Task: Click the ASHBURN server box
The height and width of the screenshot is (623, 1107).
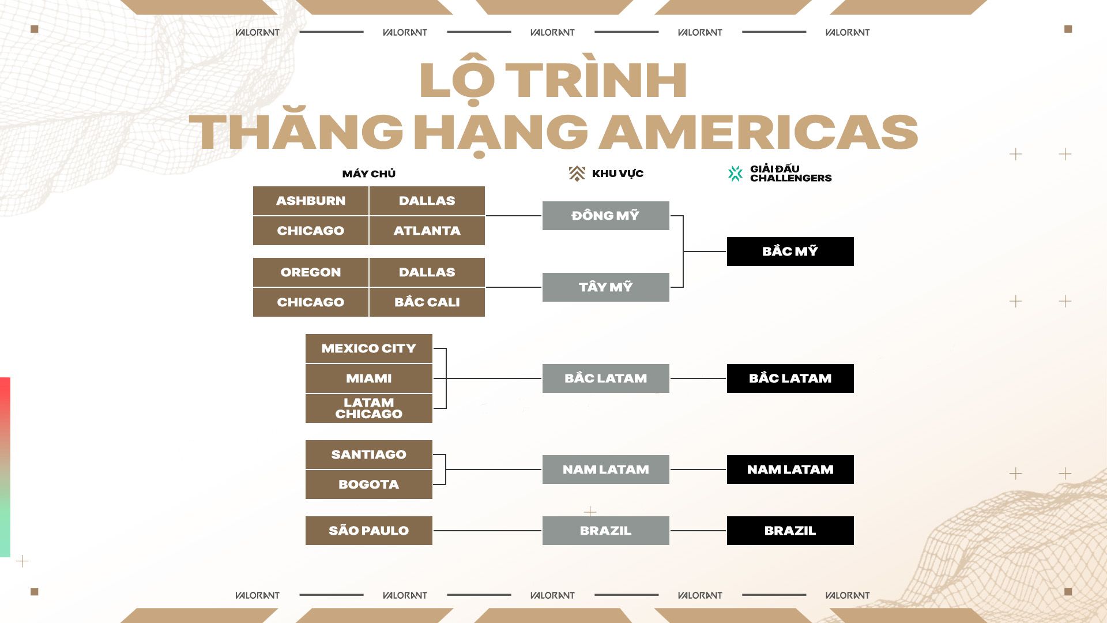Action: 311,201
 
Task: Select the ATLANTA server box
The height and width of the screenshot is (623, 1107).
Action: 427,231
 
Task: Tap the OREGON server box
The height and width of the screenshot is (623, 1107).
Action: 311,272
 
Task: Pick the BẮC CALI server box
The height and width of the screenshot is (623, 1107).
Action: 427,302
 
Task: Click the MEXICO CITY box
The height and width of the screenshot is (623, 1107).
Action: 369,348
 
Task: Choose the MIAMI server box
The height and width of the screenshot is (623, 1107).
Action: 369,378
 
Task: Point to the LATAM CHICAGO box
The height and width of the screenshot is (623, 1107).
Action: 369,408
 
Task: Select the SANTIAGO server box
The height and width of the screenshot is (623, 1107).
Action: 369,455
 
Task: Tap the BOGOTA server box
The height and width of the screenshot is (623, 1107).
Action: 369,485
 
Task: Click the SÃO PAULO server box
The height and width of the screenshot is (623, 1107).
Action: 369,531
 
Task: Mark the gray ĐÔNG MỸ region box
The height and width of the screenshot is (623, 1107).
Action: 606,216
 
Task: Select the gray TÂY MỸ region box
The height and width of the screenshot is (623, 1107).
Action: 606,287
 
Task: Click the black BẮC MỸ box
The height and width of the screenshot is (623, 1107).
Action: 790,252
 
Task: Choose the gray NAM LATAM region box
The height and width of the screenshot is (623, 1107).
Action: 606,470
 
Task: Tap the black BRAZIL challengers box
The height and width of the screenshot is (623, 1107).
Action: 790,531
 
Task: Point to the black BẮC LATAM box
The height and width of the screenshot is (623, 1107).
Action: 790,378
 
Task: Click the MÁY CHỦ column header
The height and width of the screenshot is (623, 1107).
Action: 369,173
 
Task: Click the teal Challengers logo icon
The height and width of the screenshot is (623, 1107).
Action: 735,174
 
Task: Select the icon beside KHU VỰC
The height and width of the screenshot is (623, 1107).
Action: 577,174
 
